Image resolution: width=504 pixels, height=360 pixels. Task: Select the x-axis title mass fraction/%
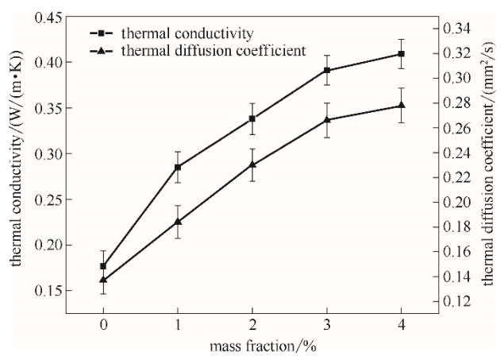[252, 348]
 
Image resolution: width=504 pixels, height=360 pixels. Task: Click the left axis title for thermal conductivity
[17, 159]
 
